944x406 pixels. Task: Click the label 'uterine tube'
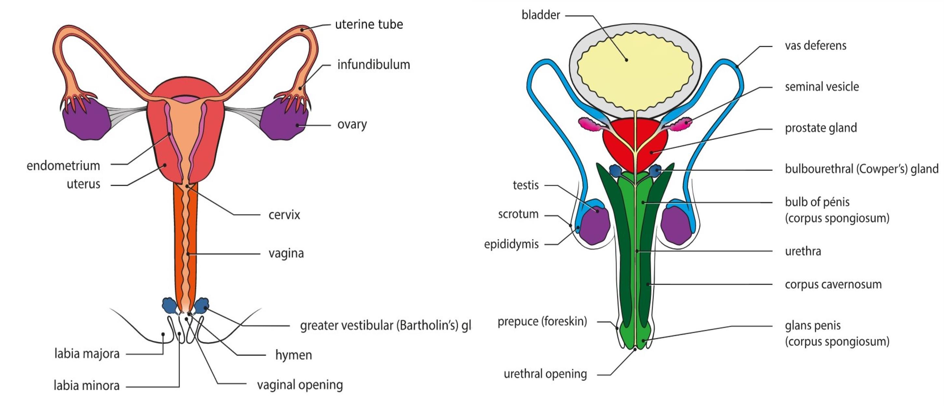pyautogui.click(x=369, y=24)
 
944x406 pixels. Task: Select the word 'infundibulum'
pyautogui.click(x=373, y=65)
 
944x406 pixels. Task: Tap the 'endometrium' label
pyautogui.click(x=63, y=166)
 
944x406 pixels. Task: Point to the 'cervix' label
pyautogui.click(x=284, y=215)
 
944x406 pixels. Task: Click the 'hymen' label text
pyautogui.click(x=293, y=355)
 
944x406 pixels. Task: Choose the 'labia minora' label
pyautogui.click(x=87, y=386)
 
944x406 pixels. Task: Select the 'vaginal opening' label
pyautogui.click(x=300, y=385)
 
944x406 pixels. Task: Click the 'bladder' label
pyautogui.click(x=540, y=15)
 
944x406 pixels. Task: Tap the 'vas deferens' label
pyautogui.click(x=815, y=46)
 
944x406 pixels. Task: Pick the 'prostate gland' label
pyautogui.click(x=821, y=128)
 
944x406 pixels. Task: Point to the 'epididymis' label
pyautogui.click(x=511, y=244)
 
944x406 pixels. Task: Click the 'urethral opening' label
pyautogui.click(x=545, y=374)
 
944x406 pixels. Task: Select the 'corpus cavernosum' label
pyautogui.click(x=833, y=284)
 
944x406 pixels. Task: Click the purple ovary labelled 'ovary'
pyautogui.click(x=284, y=121)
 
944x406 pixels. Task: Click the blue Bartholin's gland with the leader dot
pyautogui.click(x=202, y=306)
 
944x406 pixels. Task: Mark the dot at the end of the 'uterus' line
pyautogui.click(x=165, y=165)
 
